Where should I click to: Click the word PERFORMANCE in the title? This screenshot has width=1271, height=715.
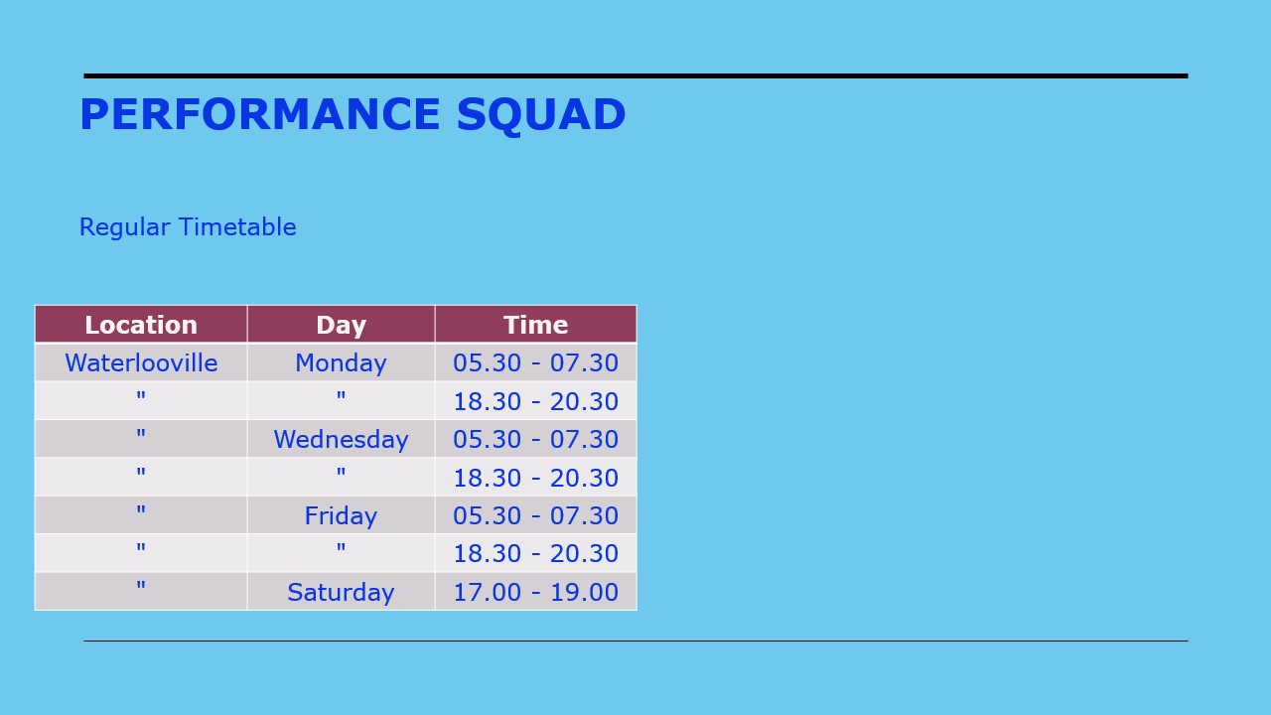point(260,114)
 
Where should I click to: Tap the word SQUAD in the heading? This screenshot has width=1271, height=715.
point(541,115)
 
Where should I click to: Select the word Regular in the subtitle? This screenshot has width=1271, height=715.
point(124,227)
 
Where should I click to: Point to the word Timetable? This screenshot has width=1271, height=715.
point(237,226)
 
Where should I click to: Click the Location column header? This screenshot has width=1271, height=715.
point(141,325)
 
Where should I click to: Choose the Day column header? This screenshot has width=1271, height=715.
point(341,326)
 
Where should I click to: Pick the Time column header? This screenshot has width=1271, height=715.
point(535,325)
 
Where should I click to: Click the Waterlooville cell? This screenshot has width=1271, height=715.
point(141,362)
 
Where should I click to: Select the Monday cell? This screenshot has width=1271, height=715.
point(341,363)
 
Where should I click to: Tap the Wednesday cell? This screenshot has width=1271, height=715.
point(341,439)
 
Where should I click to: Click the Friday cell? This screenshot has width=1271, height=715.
point(341,515)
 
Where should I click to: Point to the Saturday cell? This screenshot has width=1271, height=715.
point(341,593)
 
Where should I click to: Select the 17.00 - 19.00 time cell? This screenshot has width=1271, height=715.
point(535,592)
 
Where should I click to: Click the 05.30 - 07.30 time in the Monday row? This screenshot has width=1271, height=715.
point(535,362)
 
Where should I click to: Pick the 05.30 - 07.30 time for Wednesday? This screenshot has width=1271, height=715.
point(535,439)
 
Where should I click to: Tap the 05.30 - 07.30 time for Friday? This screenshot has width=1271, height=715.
point(535,515)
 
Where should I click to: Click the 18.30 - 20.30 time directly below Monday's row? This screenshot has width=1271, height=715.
point(535,401)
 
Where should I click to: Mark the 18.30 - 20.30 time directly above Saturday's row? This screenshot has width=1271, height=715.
point(535,553)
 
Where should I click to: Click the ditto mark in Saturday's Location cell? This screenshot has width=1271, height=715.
point(141,585)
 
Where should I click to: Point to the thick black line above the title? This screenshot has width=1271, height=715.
point(636,76)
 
